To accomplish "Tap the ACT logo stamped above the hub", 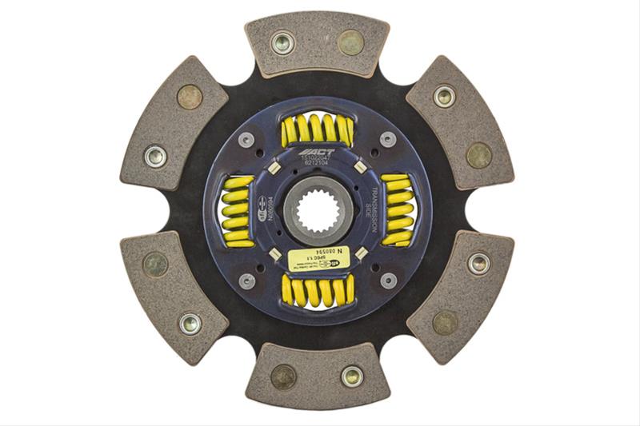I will [313, 151].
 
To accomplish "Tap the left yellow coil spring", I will [237, 211].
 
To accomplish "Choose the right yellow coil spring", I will [398, 210].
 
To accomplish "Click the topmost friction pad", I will [317, 44].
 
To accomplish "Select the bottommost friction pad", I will [318, 376].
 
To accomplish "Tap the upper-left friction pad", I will [173, 128].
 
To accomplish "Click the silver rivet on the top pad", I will [282, 43].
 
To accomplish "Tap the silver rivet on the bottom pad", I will [351, 376].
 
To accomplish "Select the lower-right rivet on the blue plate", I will [388, 281].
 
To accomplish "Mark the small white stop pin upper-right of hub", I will [359, 168].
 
